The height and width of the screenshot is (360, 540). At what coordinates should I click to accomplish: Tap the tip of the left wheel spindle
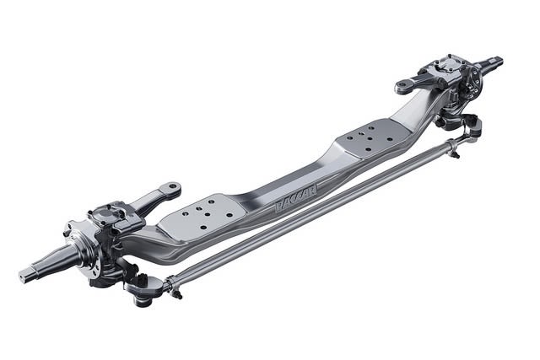click(x=24, y=276)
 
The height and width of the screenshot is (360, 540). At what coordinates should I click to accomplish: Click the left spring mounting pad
click(x=202, y=215)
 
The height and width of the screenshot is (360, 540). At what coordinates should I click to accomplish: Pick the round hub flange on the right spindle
click(x=473, y=80)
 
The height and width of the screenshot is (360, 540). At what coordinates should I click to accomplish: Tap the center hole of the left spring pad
click(x=203, y=215)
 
